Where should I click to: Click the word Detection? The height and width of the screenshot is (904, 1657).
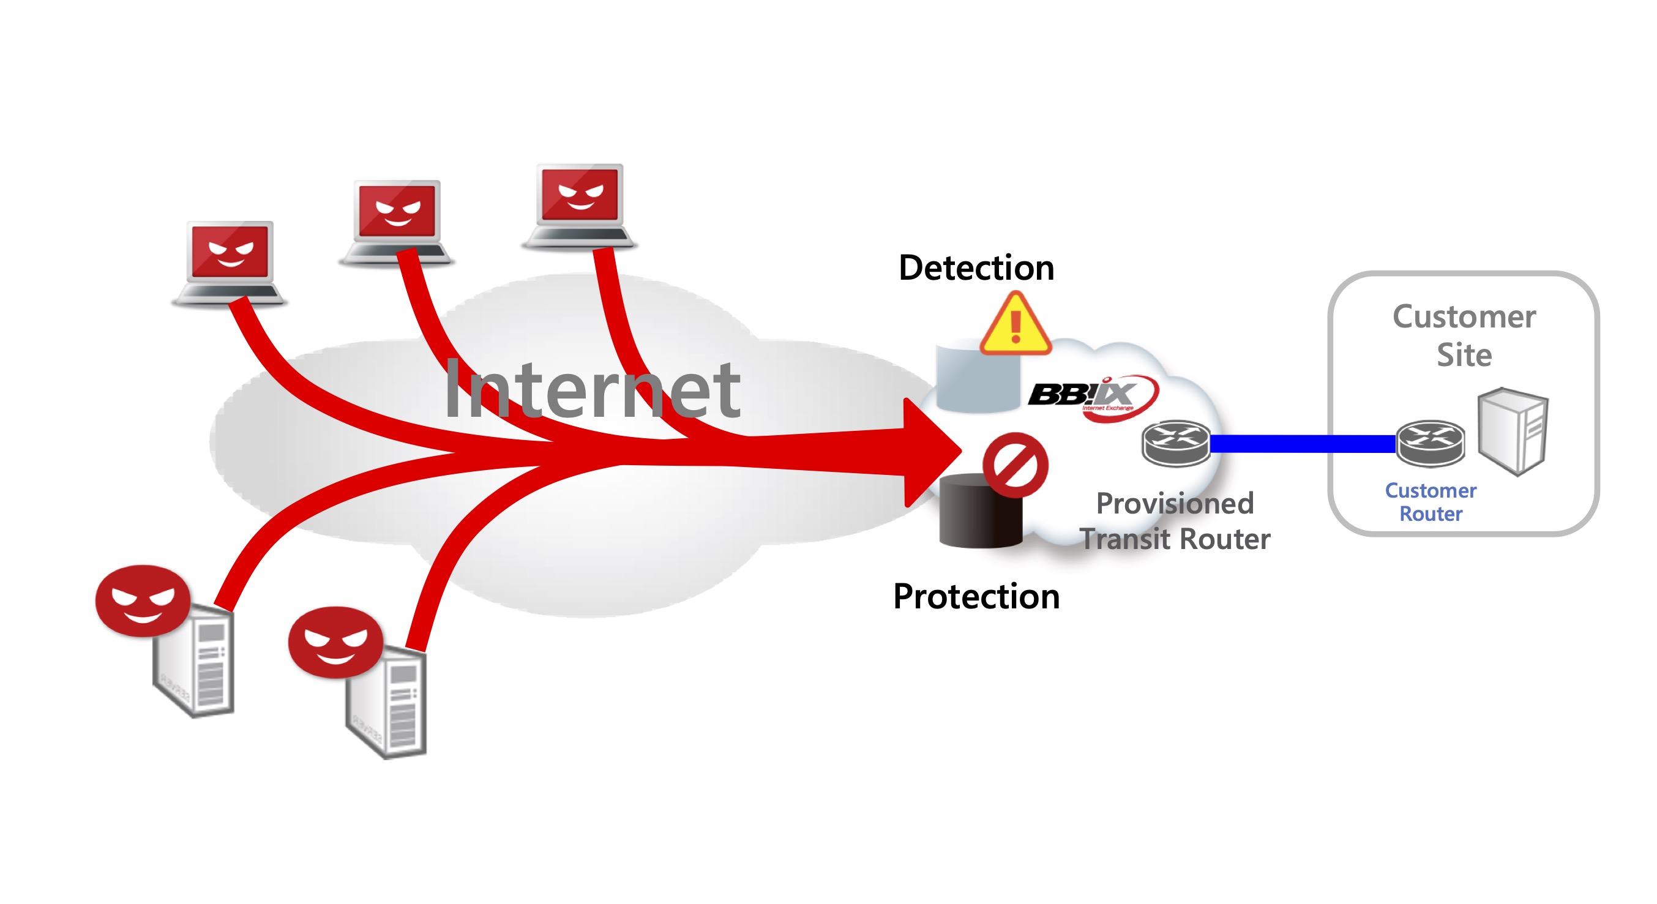[x=976, y=267]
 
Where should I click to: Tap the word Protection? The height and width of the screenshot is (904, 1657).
[x=976, y=596]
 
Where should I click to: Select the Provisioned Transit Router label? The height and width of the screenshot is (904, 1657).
[x=1175, y=521]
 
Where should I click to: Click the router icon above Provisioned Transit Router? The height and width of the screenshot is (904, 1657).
[x=1175, y=443]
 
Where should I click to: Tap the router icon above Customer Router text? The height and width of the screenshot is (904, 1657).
[x=1430, y=443]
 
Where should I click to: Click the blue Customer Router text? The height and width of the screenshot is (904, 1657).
[x=1430, y=501]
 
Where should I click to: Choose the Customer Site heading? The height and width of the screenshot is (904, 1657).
[x=1464, y=335]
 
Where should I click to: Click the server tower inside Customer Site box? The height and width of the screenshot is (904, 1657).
[x=1513, y=431]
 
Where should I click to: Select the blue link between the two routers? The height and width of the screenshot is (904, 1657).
[x=1303, y=443]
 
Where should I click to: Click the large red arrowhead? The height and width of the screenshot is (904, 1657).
[x=929, y=452]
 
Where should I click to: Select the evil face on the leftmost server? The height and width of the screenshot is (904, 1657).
[x=143, y=600]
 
